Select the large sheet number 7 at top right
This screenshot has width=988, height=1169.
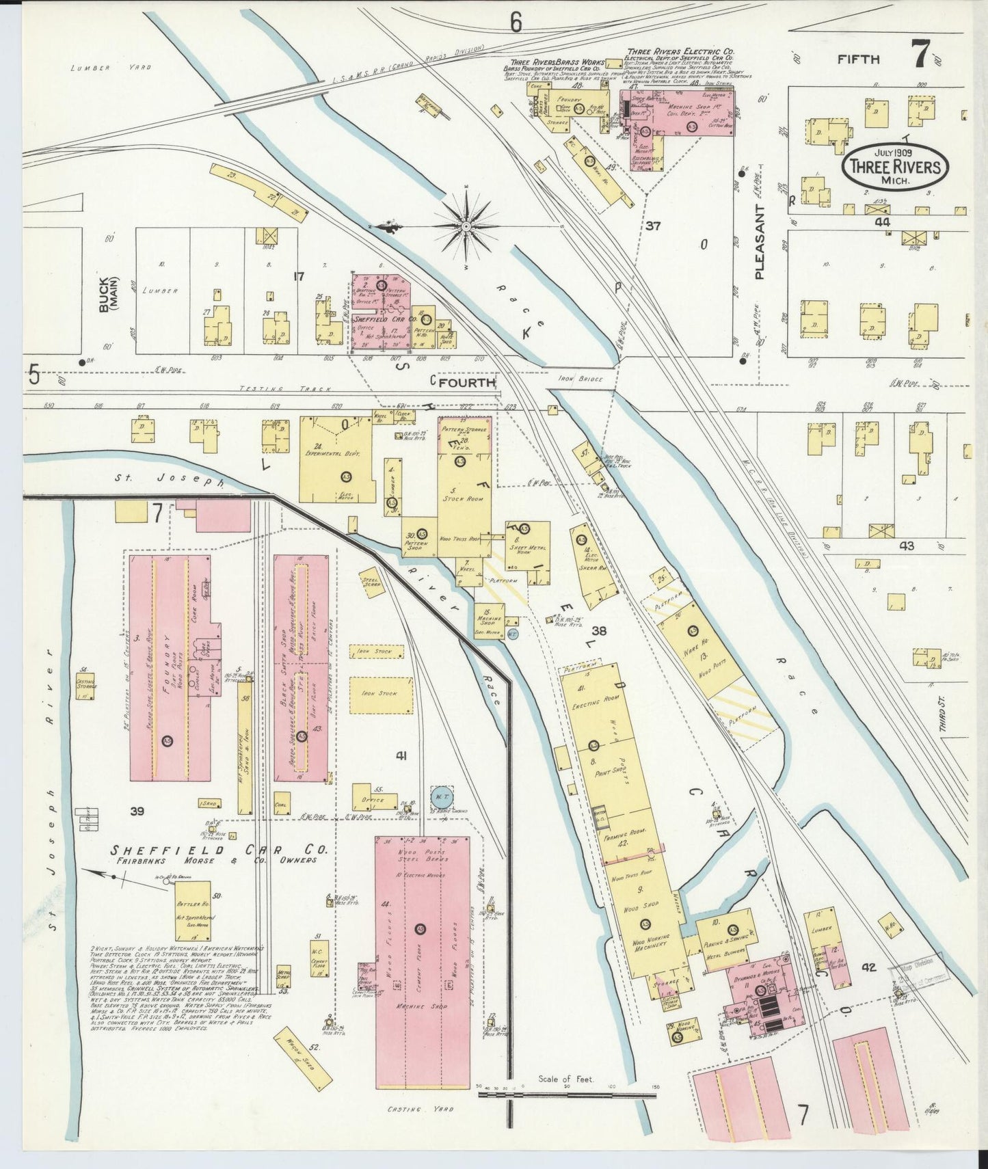919,54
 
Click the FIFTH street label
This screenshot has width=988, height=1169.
859,59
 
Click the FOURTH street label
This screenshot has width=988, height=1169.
467,383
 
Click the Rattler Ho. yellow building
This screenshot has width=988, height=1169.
191,910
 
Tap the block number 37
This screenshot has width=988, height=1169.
653,226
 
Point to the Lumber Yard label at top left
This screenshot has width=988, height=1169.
111,68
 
